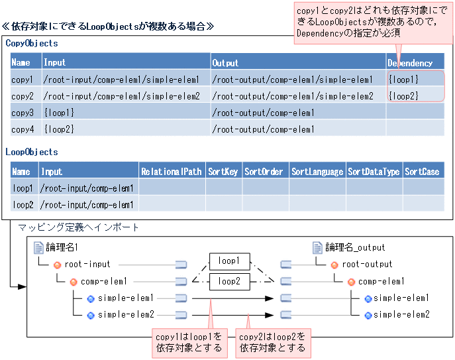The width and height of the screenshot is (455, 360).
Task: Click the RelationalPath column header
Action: (172, 172)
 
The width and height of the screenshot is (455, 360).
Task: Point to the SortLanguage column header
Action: (317, 172)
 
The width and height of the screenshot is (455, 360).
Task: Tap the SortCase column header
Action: (423, 172)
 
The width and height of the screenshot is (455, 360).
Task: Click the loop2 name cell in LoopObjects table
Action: (23, 205)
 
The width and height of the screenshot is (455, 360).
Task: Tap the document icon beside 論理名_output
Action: (317, 247)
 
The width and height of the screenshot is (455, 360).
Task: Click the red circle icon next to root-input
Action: (57, 265)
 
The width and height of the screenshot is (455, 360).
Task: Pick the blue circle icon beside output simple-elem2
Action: (368, 314)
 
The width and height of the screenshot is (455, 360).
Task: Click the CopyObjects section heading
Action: (32, 43)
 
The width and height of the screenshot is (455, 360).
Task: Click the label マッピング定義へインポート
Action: (79, 227)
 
